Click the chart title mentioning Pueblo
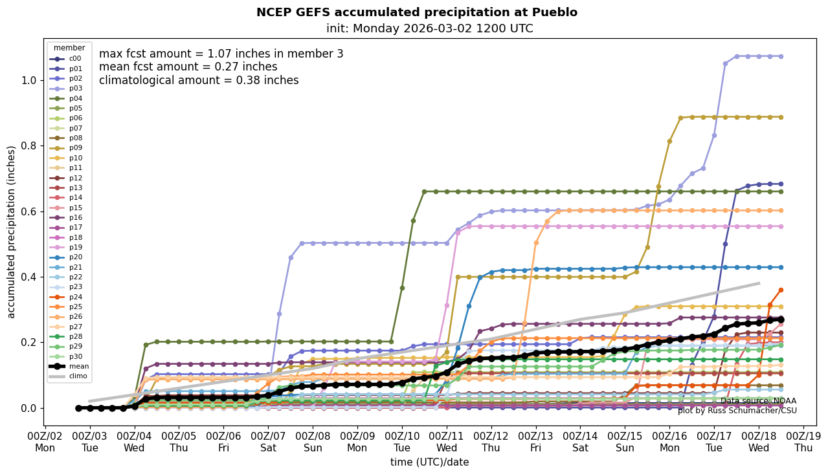416,12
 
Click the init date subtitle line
429,28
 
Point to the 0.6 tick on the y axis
29,211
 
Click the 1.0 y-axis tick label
29,80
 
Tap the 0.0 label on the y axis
29,408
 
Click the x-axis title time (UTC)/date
429,462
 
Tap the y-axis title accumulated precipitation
12,232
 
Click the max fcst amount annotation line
221,54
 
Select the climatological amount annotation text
199,81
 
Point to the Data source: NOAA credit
758,401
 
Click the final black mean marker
781,319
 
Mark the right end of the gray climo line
759,283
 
